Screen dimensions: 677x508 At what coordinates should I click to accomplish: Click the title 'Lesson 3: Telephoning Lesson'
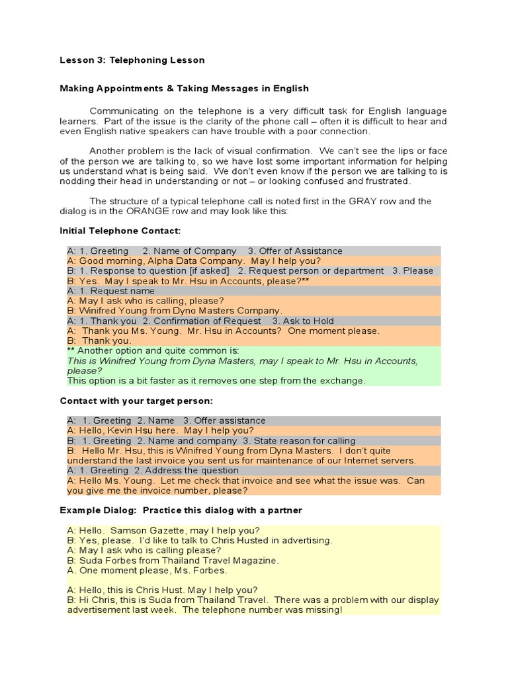(132, 60)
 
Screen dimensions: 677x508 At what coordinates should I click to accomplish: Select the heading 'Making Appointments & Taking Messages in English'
(184, 88)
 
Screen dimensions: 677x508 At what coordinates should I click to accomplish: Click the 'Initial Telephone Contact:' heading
(120, 231)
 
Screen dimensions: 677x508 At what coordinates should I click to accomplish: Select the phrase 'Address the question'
(192, 471)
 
